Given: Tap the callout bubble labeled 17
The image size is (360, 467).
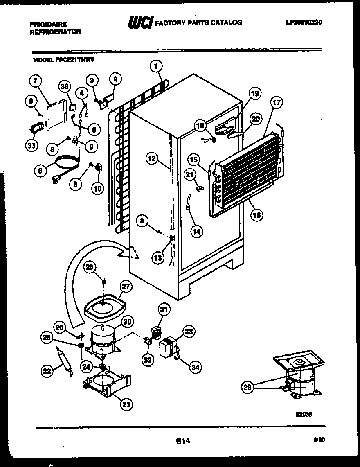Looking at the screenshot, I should coord(277,103).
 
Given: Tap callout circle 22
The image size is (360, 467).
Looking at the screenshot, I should coord(47,371).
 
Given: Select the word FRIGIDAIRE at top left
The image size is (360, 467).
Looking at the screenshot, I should coord(48,25).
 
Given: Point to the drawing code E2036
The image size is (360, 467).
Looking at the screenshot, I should coord(303,414).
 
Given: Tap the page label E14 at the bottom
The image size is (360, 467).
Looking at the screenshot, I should coord(183,441).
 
